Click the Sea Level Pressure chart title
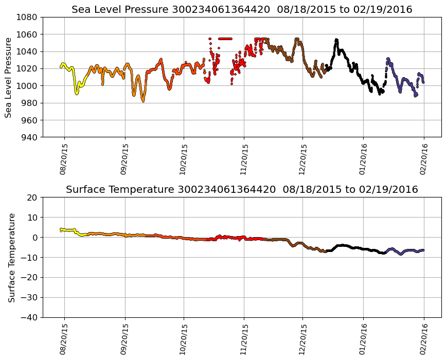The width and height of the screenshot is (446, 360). click(242, 9)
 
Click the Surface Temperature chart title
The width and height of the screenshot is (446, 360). click(242, 190)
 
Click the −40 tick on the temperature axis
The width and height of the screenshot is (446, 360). click(30, 317)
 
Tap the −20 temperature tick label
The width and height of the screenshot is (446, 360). click(30, 278)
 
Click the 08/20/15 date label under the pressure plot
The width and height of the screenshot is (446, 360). click(64, 159)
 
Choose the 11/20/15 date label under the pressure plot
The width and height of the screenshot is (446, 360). click(244, 159)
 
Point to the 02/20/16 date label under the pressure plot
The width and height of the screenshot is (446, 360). click(424, 159)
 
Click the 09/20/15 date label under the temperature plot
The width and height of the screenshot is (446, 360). click(124, 339)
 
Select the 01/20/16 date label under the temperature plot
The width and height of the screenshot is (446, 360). click(363, 339)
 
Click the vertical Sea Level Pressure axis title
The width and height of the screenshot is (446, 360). click(9, 77)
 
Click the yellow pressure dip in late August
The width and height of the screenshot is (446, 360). click(77, 93)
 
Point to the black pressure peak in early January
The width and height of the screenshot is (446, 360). click(336, 40)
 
